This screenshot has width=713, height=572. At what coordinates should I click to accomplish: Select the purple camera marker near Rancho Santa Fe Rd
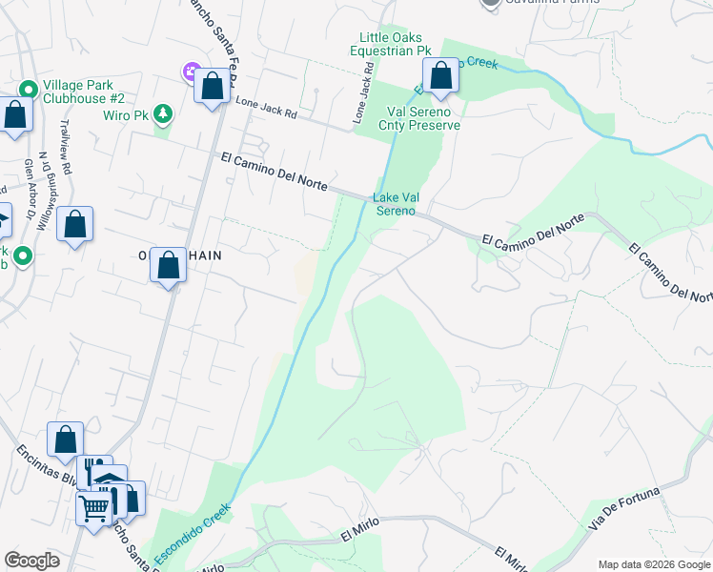[191, 71]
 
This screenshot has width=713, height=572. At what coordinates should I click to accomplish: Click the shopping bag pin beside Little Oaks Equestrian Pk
[440, 77]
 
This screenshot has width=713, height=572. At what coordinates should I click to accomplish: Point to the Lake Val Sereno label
[396, 204]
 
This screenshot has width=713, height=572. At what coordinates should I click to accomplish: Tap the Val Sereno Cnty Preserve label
[419, 118]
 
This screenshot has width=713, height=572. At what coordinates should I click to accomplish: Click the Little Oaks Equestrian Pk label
[391, 43]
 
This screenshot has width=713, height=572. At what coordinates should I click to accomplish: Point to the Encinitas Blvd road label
[44, 468]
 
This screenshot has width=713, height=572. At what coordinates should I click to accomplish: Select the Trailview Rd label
[66, 147]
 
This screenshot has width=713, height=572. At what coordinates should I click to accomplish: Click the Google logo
[32, 561]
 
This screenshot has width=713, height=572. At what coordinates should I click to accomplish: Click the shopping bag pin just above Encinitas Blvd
[65, 439]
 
